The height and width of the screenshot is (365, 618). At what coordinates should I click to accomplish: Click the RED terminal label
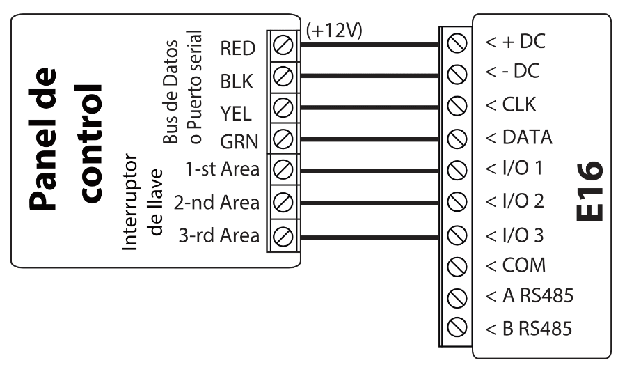pos(238,49)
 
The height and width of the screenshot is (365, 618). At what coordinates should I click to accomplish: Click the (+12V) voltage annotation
pos(333,31)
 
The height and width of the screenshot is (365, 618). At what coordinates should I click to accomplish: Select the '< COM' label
pos(515,265)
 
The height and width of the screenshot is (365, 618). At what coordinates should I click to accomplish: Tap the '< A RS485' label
pos(530,297)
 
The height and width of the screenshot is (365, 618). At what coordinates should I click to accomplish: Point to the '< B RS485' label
pos(530,328)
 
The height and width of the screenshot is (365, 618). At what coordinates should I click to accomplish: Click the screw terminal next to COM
pos(457,265)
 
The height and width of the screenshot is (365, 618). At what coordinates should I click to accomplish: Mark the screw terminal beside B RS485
pos(457,327)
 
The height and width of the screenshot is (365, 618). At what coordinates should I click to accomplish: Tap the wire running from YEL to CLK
pos(369,108)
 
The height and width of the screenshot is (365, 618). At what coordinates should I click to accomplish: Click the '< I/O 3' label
pos(514,234)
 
